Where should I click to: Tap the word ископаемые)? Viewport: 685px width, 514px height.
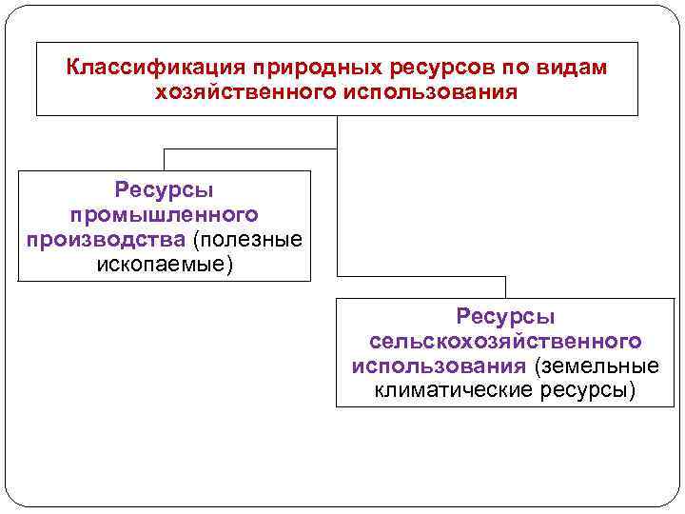[x=164, y=262]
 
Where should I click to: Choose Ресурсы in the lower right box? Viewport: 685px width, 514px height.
[x=505, y=317]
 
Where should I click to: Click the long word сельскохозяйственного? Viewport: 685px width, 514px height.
[x=505, y=341]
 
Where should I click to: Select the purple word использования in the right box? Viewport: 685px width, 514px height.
[x=438, y=366]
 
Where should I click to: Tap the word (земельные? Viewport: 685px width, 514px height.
[x=596, y=366]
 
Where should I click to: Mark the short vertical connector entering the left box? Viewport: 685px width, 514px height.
[x=164, y=159]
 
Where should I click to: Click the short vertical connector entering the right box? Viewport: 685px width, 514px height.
[x=505, y=287]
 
